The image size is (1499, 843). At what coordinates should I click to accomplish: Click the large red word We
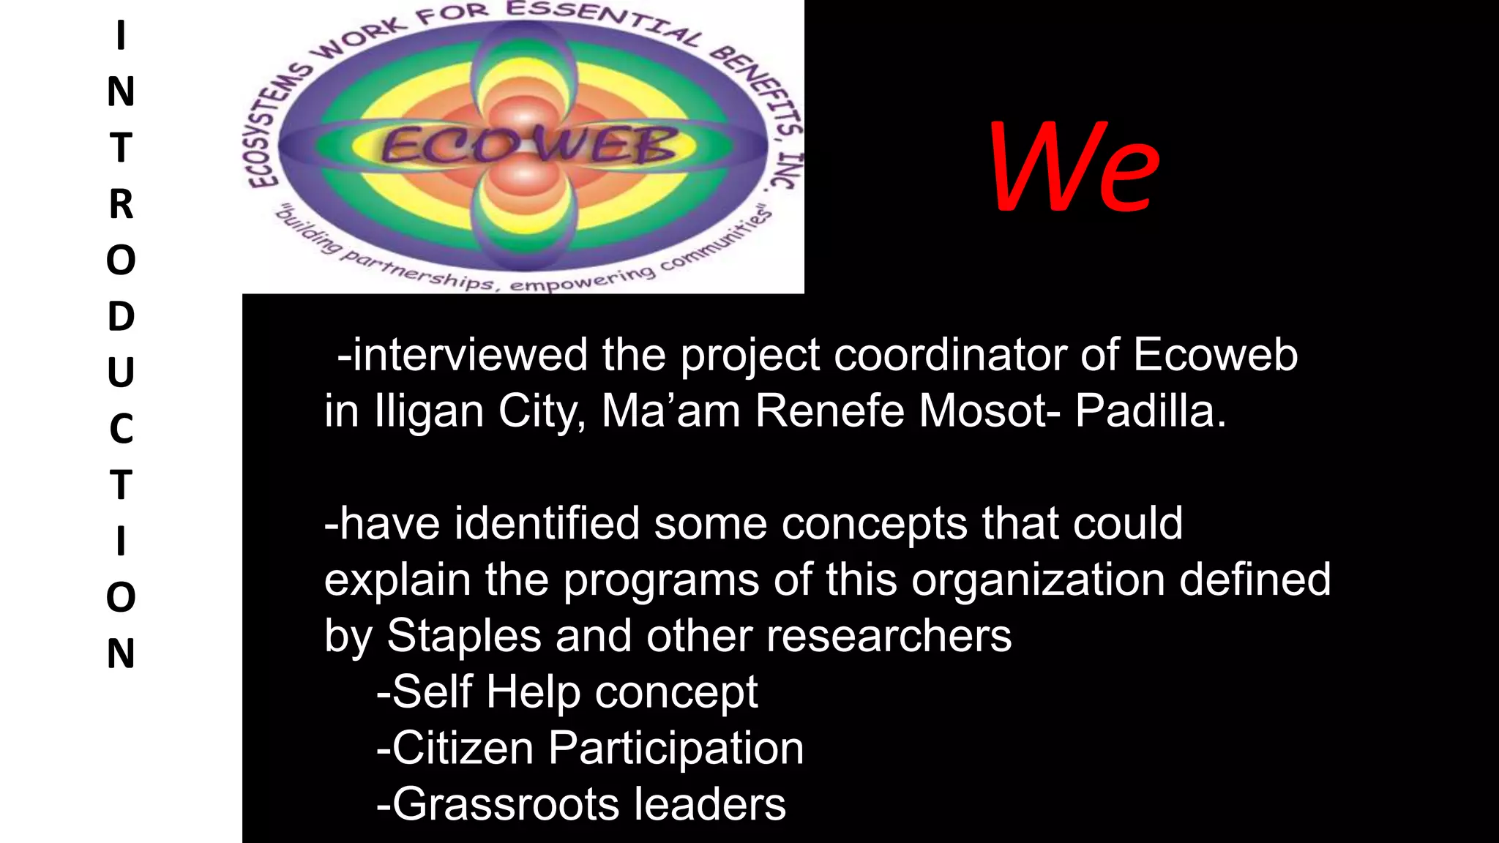[1074, 167]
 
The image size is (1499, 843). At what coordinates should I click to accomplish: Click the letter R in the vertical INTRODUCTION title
[122, 204]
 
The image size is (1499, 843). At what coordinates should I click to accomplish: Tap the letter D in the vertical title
[122, 316]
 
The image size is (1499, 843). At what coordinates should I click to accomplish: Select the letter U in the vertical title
[122, 372]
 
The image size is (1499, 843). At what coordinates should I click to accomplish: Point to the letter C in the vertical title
[122, 429]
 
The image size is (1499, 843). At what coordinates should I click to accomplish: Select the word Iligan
[429, 412]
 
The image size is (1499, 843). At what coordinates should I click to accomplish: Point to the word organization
[1037, 580]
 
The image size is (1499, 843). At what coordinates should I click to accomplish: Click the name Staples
[463, 636]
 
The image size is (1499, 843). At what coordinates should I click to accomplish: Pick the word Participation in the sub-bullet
[676, 749]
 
